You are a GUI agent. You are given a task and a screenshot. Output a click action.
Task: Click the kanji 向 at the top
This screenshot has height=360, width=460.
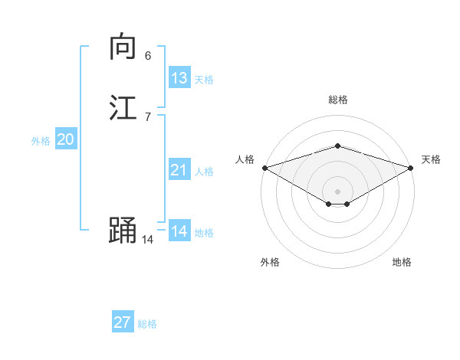tap(122, 47)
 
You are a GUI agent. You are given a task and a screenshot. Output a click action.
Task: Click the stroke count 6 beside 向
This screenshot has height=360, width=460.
tap(148, 56)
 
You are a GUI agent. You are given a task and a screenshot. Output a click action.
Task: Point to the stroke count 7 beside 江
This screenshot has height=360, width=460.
tap(148, 116)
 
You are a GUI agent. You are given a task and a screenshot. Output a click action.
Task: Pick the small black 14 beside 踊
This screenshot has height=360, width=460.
tap(147, 240)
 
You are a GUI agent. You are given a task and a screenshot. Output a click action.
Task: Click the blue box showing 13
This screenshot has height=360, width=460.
tap(179, 78)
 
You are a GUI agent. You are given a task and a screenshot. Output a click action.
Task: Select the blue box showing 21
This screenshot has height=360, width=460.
tap(179, 170)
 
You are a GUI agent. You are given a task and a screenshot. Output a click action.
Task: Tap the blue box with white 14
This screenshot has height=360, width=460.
tap(179, 231)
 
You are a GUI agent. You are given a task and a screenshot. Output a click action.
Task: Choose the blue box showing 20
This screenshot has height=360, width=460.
tap(66, 139)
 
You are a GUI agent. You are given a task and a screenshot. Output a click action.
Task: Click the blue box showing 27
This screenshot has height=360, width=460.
tap(123, 322)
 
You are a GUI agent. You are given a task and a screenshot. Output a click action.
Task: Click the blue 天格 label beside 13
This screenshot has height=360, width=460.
tap(204, 80)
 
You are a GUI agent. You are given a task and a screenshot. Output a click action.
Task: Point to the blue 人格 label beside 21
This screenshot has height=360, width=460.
tap(204, 172)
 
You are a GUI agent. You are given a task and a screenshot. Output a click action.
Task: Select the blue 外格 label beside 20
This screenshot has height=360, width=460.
tap(41, 141)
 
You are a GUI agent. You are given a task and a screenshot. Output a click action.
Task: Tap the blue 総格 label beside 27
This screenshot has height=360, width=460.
tap(147, 324)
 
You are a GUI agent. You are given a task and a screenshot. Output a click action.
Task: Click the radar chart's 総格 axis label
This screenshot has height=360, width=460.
tap(338, 100)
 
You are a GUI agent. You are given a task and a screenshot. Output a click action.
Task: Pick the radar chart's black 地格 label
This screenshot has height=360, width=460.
tap(402, 263)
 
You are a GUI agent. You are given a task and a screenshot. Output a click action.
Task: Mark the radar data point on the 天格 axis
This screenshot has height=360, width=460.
tap(411, 168)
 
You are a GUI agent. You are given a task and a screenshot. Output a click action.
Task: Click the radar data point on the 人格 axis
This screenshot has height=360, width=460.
tap(264, 168)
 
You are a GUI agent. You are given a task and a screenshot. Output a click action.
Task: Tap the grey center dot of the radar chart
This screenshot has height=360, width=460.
tap(338, 191)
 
